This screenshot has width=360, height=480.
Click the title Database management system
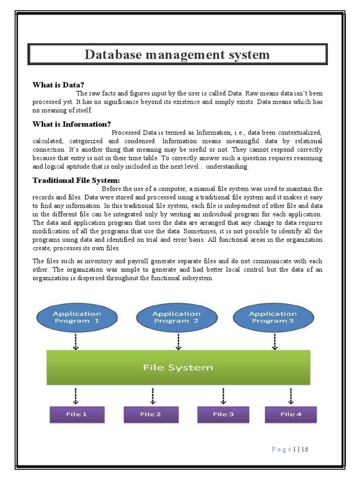click(177, 55)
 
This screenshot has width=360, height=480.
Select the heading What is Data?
click(58, 85)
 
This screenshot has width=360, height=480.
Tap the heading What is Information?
click(71, 124)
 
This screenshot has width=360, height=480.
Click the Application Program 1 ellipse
click(76, 317)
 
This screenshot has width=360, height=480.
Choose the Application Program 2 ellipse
click(176, 317)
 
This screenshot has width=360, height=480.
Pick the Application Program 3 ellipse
click(273, 317)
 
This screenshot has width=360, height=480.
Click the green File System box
click(178, 367)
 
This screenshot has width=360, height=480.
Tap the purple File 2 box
click(151, 414)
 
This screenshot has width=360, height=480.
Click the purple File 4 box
click(291, 414)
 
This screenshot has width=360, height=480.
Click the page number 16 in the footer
click(305, 450)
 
